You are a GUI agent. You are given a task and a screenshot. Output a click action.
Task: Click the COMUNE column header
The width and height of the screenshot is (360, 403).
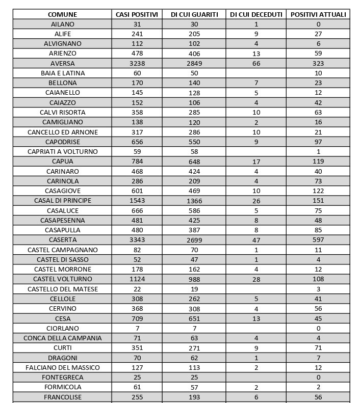[62, 14]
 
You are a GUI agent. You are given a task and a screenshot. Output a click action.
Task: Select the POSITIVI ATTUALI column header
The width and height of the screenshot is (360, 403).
[318, 14]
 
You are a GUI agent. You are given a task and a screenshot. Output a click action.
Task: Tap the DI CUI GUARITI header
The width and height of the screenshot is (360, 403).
[194, 14]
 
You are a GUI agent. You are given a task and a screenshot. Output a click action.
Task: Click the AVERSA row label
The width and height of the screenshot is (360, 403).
[62, 64]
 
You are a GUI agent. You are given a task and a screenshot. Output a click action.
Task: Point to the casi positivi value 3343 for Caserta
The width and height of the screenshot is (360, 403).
[137, 240]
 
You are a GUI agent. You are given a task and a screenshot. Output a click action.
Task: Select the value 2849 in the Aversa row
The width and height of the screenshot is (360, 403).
[194, 64]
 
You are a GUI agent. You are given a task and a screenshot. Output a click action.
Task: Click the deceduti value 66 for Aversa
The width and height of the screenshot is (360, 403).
[256, 64]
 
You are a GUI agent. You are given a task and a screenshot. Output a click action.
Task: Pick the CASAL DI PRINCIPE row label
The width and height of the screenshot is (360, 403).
[62, 201]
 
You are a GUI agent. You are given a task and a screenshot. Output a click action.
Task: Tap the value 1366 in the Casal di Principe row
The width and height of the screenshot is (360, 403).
[194, 201]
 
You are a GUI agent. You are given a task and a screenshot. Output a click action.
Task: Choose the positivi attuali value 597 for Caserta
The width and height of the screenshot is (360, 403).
[318, 240]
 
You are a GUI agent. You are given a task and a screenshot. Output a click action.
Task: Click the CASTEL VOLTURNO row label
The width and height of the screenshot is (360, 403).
[62, 279]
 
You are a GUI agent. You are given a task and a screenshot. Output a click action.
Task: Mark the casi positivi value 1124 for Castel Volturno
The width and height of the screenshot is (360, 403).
[137, 279]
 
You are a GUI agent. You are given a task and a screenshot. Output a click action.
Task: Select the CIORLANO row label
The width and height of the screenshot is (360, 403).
[62, 328]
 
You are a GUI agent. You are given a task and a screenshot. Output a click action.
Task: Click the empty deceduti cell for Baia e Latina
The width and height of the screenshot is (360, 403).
[256, 73]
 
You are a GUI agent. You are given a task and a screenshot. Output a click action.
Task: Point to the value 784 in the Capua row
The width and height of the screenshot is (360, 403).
[137, 162]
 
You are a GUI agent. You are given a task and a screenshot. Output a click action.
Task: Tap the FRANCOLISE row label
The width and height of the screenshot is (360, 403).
[62, 397]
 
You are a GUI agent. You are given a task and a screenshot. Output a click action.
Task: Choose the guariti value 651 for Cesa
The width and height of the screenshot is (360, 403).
[194, 318]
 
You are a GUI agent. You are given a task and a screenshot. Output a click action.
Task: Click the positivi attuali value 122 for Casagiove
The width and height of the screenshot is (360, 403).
[318, 191]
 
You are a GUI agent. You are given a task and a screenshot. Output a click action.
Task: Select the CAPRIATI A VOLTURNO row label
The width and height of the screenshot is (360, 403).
[62, 152]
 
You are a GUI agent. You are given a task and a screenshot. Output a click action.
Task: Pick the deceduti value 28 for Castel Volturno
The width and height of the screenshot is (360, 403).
[256, 279]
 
